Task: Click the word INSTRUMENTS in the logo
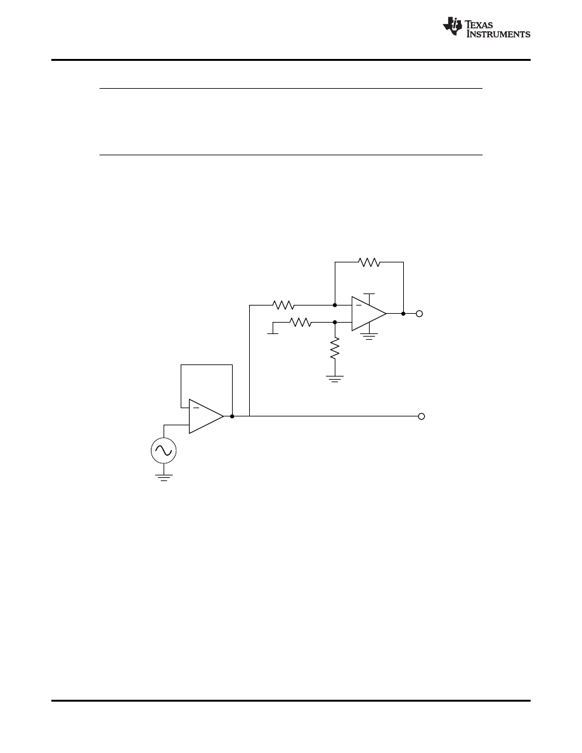tap(498, 34)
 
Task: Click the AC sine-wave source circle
tap(164, 451)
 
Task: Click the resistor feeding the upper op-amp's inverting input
tap(283, 305)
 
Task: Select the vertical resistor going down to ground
tap(335, 347)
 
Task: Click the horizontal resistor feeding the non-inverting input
tap(301, 322)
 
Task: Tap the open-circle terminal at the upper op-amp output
tap(419, 313)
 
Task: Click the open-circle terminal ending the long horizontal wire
tap(421, 416)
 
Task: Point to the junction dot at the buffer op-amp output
tap(233, 416)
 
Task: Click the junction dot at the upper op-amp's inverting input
tap(335, 305)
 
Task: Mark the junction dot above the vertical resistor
tap(335, 322)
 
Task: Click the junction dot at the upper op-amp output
tap(403, 313)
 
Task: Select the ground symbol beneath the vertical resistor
tap(335, 379)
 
